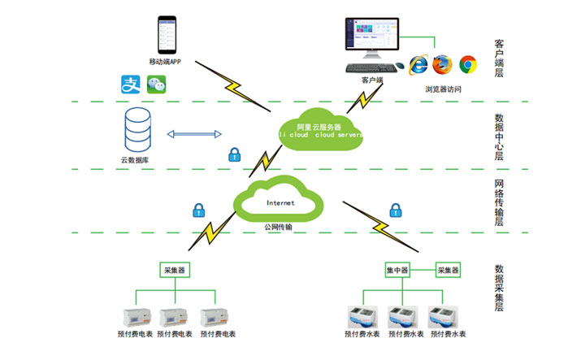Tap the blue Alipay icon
point(131,83)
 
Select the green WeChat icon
point(156,82)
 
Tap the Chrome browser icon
point(467,63)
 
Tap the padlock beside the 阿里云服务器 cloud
point(234,154)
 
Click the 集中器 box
point(397,269)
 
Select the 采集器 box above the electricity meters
point(176,269)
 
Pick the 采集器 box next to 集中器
point(449,269)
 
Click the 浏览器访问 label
point(443,89)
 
